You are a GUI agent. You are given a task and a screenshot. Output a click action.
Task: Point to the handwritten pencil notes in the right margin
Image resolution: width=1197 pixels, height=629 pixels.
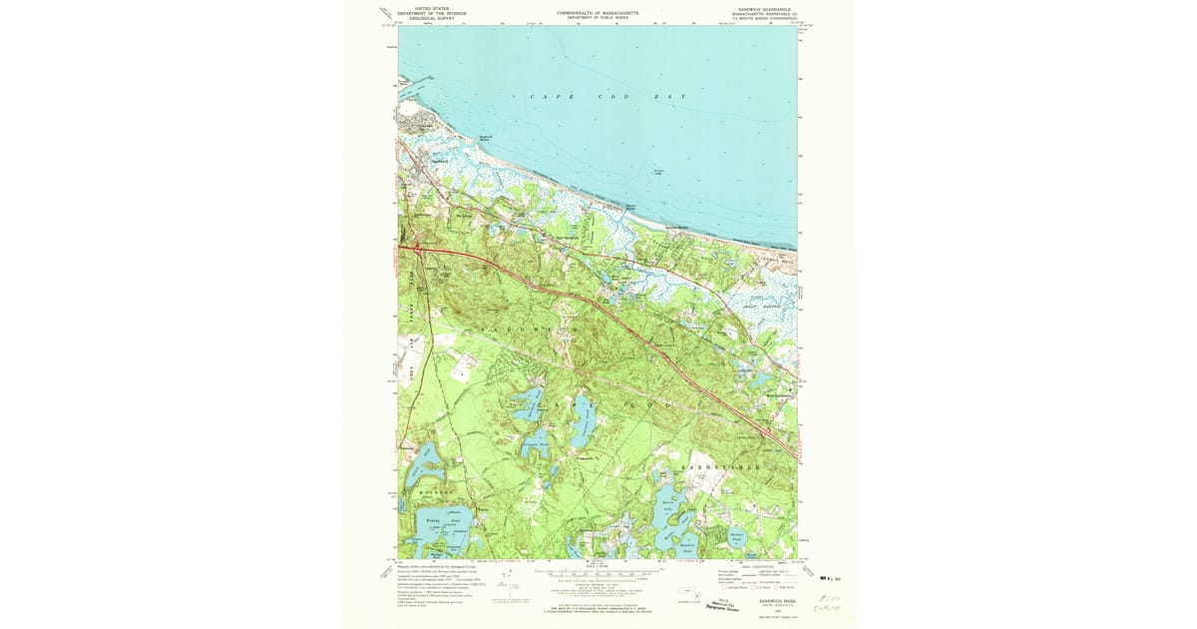coord(829,599)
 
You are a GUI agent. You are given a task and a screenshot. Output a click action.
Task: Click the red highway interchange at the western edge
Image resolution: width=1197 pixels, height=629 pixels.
coord(418,249)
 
